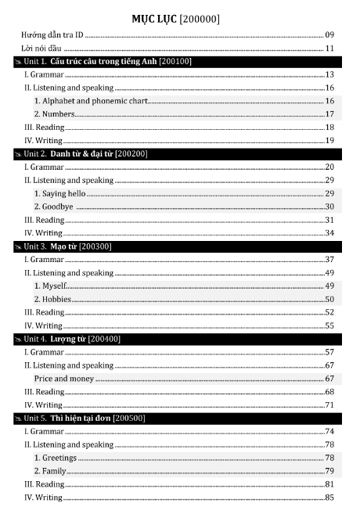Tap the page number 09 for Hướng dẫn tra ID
tap(329, 35)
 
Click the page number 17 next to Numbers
tap(329, 114)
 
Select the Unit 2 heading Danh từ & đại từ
tap(81, 153)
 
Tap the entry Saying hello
tap(59, 193)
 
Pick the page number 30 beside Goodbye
tap(329, 207)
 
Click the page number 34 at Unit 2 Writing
tap(329, 233)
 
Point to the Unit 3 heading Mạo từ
tap(63, 246)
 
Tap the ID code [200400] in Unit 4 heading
tap(104, 339)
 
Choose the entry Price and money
tap(63, 379)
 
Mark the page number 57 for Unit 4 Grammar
tap(329, 352)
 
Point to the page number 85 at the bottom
tap(329, 498)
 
